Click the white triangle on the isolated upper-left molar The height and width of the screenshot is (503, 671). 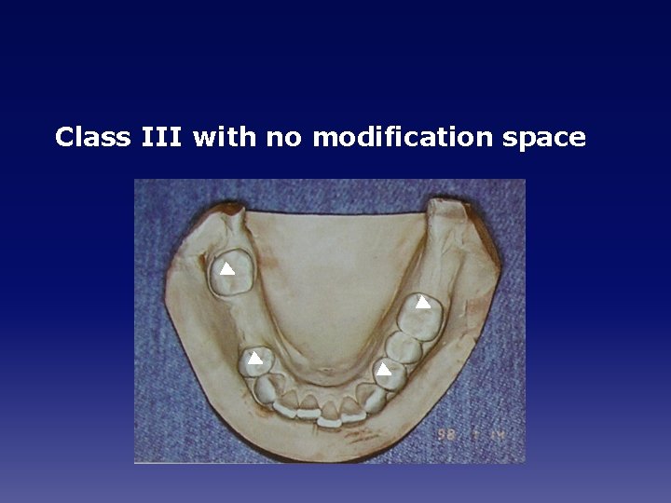click(226, 269)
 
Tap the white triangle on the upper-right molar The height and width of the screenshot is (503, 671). click(422, 302)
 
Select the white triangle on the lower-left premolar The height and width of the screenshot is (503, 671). click(253, 358)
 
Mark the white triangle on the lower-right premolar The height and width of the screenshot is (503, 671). click(383, 370)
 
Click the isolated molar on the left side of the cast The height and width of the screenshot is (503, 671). click(230, 273)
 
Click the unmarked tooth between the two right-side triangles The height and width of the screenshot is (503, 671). click(402, 347)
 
